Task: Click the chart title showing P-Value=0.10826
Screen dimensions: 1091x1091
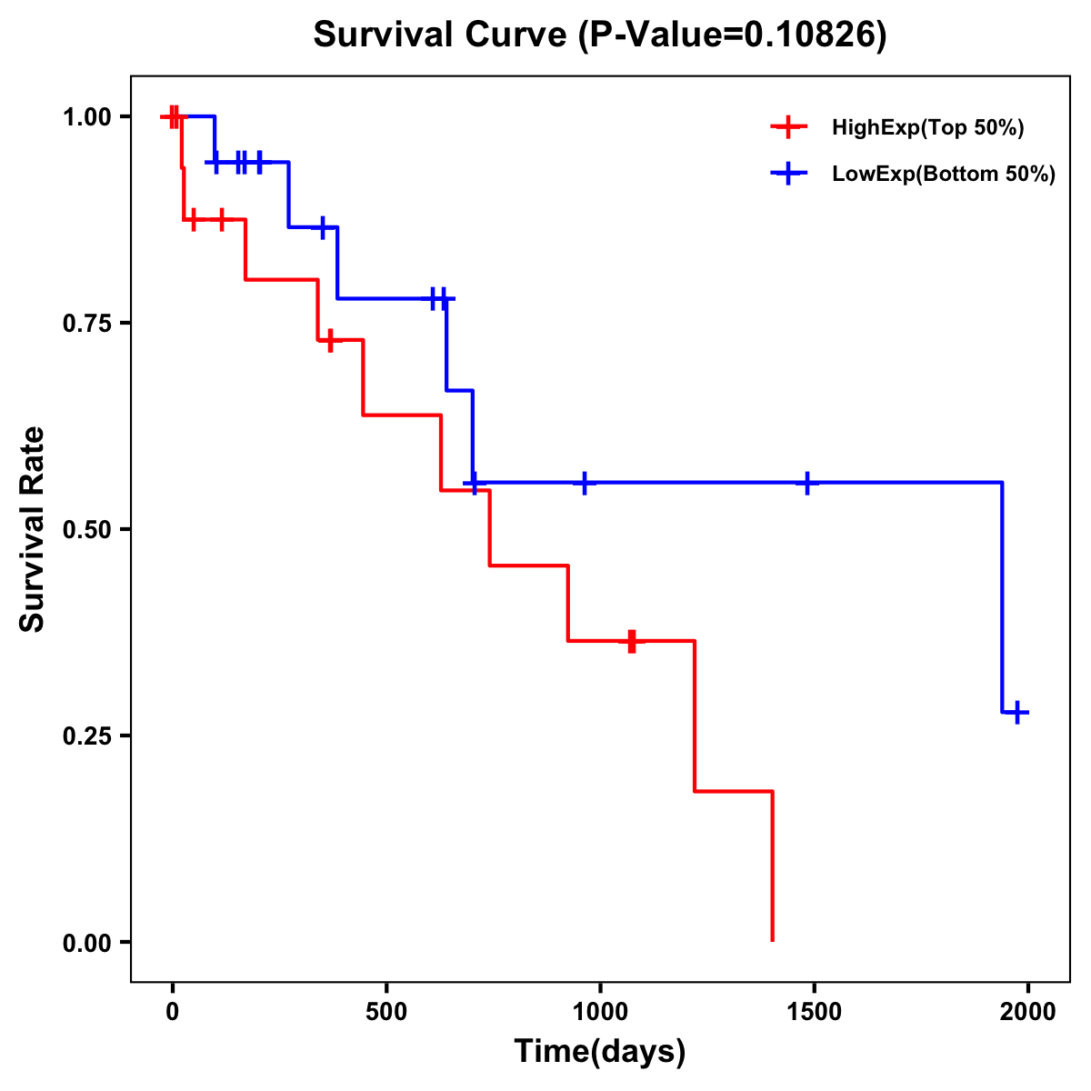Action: click(600, 35)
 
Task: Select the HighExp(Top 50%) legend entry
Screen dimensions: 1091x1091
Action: click(927, 127)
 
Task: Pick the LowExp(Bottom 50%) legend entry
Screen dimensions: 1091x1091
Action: click(943, 174)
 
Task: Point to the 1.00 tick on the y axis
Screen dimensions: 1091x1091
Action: click(86, 116)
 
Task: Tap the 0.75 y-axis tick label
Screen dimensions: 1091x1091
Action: click(86, 323)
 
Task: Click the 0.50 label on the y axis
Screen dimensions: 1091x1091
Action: click(86, 529)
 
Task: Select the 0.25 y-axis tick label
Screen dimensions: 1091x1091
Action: click(86, 736)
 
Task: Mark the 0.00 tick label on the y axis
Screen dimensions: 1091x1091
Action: click(86, 942)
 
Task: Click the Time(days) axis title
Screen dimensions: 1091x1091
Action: click(600, 1051)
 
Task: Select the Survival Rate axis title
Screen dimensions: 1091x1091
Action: click(33, 529)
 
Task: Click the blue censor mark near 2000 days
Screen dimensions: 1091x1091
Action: click(1018, 712)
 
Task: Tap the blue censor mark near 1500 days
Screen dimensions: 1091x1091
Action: click(806, 483)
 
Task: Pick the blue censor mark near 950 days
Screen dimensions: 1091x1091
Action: click(584, 483)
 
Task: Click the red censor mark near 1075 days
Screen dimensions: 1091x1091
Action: click(632, 641)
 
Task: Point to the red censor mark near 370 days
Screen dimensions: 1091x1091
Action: click(330, 340)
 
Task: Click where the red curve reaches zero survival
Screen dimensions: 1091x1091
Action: click(772, 940)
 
